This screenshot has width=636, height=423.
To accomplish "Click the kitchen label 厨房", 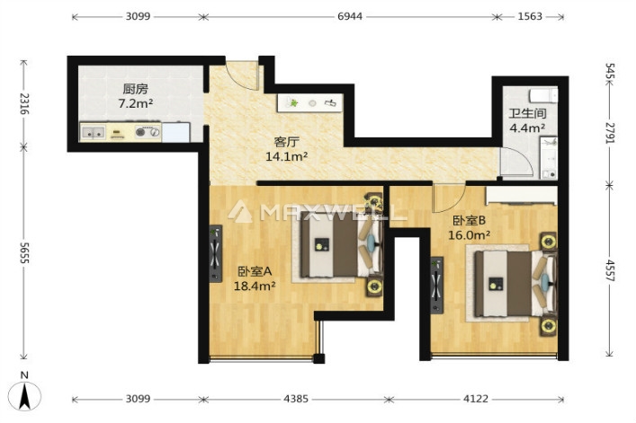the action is point(136,89).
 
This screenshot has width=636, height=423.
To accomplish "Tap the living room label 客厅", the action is point(286,142).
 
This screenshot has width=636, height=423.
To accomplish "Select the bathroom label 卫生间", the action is point(527,114).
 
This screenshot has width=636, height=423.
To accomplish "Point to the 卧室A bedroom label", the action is point(255,271).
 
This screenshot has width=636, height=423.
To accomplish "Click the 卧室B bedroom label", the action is point(469,221).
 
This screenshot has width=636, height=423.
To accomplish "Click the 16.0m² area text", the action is point(469,234).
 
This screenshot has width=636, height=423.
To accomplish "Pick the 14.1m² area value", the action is point(286,156).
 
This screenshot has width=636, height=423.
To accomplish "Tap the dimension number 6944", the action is point(350,16).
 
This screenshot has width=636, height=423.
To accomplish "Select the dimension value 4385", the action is point(296,399).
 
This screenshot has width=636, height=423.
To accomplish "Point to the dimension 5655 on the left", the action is point(24,253).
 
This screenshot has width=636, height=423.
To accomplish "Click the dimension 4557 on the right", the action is point(610,270).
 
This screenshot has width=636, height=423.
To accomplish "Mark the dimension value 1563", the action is point(530,16).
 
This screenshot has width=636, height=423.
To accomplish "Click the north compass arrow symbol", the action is point(25,396).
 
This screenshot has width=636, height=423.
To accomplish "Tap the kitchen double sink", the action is point(94,132).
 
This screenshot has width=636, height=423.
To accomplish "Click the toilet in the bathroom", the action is point(543,96).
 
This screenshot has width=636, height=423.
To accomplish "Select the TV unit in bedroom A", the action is point(216,254).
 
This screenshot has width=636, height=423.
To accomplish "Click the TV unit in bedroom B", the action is point(437,285).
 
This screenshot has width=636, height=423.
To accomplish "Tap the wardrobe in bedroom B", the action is point(522,195).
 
